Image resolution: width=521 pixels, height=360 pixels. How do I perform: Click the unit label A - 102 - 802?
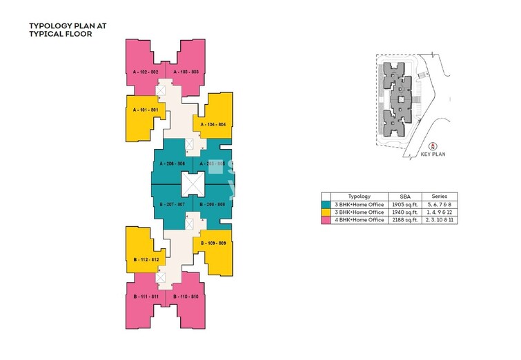click(146, 71)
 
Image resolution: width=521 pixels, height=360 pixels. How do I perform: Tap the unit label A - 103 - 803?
click(186, 71)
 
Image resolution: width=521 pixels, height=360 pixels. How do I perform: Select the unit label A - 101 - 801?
click(146, 110)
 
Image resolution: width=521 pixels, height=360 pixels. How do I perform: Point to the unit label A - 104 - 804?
click(213, 124)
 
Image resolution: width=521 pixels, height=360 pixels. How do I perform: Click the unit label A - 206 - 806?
click(171, 163)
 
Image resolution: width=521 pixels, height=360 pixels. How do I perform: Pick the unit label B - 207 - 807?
click(171, 205)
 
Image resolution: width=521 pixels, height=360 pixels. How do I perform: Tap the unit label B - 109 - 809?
click(213, 243)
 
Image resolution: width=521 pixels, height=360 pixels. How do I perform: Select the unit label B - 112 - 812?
click(146, 259)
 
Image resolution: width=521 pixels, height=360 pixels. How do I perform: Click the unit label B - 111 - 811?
click(146, 296)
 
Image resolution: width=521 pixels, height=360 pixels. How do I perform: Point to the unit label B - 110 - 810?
click(186, 296)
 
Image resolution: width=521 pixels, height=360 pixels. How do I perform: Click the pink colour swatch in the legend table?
click(326, 219)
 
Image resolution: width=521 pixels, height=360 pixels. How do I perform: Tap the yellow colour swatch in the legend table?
click(326, 212)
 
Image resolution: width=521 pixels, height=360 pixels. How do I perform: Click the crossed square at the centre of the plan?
click(192, 184)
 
